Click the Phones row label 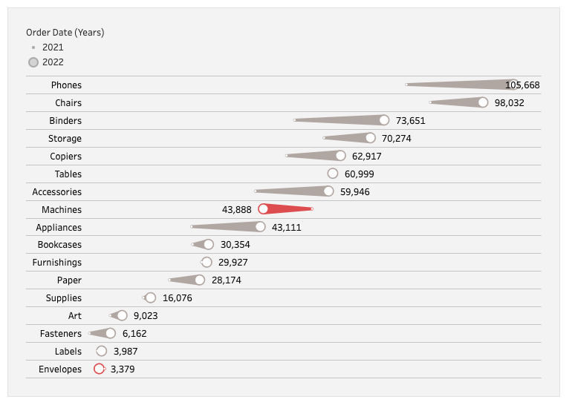point(66,85)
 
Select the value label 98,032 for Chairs point(509,103)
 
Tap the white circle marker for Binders point(383,120)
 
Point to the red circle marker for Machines point(263,209)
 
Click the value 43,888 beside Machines point(237,210)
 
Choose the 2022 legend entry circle point(33,62)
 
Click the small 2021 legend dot point(33,47)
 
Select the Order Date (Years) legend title point(65,33)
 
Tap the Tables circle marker point(333,174)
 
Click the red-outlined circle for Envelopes point(99,369)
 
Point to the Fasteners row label point(61,334)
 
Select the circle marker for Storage point(370,138)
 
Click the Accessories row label point(57,192)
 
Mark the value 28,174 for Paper point(226,280)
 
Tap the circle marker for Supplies point(150,297)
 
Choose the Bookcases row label point(59,245)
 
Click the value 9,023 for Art point(146,316)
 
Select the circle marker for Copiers point(340,156)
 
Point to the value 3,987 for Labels point(126,352)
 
